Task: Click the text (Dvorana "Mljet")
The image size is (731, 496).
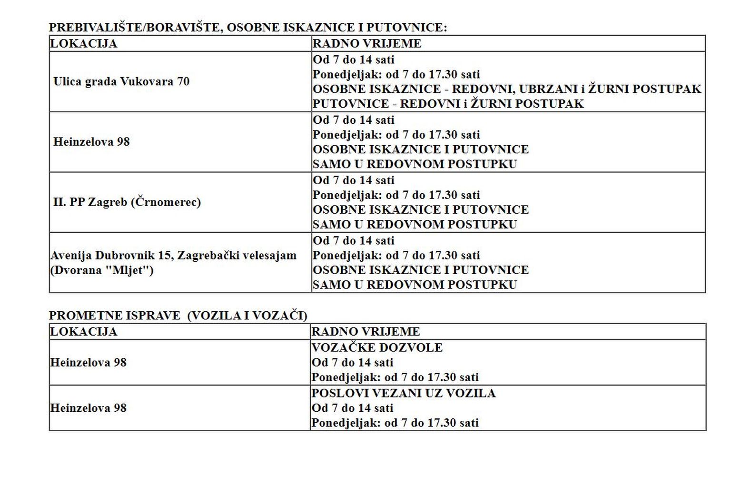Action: click(102, 270)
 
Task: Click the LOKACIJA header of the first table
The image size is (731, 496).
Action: click(84, 43)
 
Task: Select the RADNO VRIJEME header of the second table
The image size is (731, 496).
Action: click(365, 331)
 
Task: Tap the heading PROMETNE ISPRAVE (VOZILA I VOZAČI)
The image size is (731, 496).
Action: click(178, 316)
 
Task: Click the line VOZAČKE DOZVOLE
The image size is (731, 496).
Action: click(377, 347)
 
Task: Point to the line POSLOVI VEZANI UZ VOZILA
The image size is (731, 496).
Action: click(404, 393)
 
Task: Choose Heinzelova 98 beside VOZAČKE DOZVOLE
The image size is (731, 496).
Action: click(89, 362)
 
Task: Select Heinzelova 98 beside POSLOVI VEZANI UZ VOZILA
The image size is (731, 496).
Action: click(89, 408)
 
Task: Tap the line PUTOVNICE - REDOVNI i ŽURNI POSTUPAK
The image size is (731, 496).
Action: click(448, 104)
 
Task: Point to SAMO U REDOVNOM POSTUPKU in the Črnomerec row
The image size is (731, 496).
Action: click(415, 224)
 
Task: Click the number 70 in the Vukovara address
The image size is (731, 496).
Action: click(183, 81)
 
